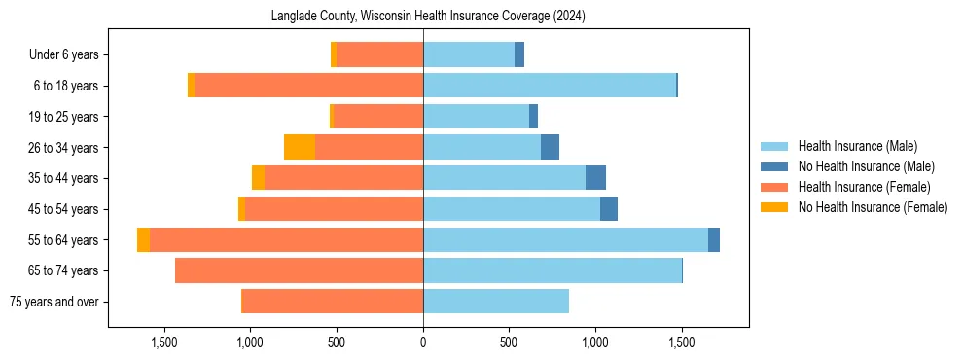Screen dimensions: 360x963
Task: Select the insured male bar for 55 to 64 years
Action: tap(565, 239)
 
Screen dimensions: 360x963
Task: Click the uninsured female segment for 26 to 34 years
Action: tap(300, 147)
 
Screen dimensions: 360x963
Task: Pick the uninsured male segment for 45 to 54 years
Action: tap(609, 209)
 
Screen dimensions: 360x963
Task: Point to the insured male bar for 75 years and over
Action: tap(496, 302)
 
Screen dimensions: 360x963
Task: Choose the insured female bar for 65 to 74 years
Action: tap(299, 270)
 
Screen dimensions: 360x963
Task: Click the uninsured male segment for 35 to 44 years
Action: tap(595, 178)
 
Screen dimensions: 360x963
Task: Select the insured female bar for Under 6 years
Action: tap(380, 54)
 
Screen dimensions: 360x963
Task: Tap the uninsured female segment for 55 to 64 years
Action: tap(143, 239)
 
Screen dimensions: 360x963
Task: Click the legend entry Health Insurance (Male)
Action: tap(857, 146)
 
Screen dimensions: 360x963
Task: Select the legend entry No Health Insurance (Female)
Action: tap(873, 207)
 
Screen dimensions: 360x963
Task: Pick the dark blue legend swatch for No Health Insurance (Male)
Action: tap(774, 166)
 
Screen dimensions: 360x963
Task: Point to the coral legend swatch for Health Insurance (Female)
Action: tap(774, 187)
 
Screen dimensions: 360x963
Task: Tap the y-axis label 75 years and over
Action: tap(53, 302)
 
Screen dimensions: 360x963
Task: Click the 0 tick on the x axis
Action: tap(423, 342)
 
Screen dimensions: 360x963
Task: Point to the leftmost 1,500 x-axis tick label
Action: tap(164, 342)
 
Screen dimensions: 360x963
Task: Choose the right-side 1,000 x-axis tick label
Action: tap(595, 342)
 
